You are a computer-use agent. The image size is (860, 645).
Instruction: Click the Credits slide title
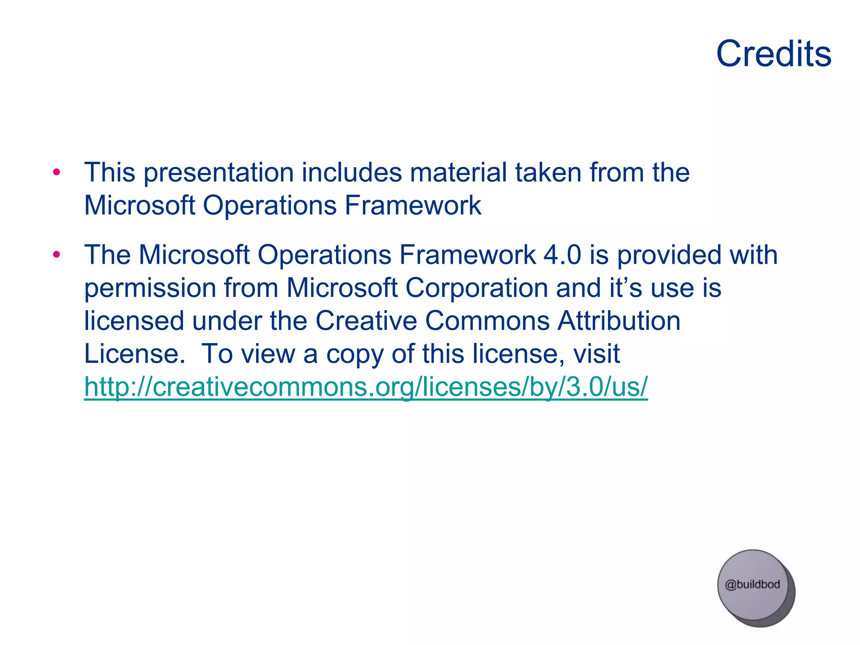[773, 54]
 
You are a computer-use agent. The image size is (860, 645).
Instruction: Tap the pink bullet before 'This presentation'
[57, 172]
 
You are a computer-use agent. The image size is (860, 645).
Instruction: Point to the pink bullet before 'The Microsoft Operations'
[57, 254]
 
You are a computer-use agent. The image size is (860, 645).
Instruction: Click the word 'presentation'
[219, 173]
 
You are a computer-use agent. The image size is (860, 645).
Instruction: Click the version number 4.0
[562, 255]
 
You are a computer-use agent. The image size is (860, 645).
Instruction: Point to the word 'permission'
[150, 289]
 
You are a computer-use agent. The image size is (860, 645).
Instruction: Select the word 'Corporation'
[476, 289]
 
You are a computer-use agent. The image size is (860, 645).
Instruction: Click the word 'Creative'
[366, 321]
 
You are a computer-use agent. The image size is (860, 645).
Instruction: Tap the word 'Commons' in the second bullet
[487, 321]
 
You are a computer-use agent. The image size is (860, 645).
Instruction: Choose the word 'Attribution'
[619, 321]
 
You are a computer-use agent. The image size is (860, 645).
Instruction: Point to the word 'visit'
[597, 354]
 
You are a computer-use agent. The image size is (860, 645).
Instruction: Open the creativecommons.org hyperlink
[366, 387]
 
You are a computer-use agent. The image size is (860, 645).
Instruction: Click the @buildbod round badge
[753, 586]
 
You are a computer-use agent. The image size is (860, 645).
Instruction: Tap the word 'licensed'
[134, 321]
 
